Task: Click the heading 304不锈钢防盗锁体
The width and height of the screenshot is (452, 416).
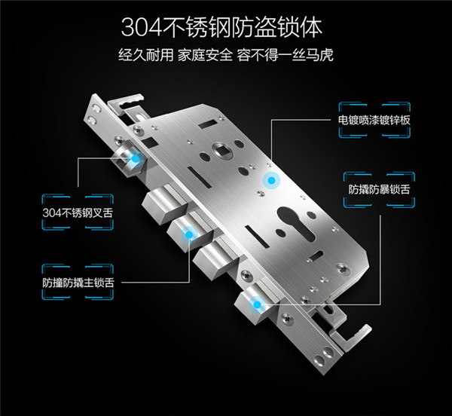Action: [x=221, y=28]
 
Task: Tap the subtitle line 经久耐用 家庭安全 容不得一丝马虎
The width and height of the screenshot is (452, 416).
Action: [x=226, y=55]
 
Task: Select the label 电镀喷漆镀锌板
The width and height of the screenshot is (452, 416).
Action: [x=374, y=120]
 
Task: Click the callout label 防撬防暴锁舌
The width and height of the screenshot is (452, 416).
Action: [x=379, y=189]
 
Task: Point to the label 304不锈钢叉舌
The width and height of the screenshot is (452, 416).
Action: [x=78, y=213]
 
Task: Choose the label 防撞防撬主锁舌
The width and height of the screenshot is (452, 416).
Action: [x=78, y=283]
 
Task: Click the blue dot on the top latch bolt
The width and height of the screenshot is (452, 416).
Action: [x=135, y=158]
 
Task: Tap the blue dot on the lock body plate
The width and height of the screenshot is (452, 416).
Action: [x=271, y=180]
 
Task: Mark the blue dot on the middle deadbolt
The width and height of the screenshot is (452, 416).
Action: [x=189, y=234]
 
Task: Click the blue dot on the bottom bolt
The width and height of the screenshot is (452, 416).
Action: [x=257, y=304]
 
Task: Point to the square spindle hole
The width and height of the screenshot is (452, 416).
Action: [x=224, y=151]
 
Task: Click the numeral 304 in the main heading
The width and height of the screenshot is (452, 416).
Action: [x=141, y=28]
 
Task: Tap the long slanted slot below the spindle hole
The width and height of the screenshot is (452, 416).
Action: [x=200, y=177]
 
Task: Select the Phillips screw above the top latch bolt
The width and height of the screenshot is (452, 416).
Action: [x=121, y=141]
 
